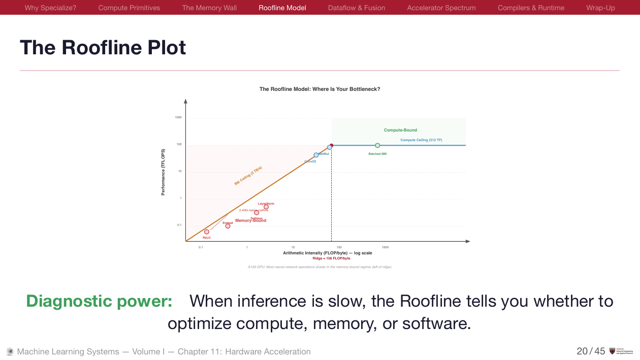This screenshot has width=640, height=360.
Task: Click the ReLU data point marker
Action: (207, 232)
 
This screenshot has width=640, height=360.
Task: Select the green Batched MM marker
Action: (377, 146)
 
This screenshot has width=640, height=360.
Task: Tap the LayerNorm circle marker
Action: (266, 207)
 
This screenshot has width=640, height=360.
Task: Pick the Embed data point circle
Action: (228, 226)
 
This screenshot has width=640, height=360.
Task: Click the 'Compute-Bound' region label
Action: (400, 130)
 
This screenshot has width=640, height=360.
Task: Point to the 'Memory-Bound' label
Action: (251, 220)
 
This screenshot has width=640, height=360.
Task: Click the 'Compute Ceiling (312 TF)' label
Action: (421, 140)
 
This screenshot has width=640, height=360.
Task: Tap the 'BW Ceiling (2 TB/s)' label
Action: (248, 176)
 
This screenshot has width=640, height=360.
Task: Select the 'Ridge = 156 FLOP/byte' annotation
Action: (331, 258)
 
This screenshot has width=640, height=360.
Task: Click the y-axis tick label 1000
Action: (178, 117)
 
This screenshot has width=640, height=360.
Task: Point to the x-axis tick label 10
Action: (293, 247)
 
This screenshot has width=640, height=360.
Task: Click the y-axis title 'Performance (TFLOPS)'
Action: (163, 172)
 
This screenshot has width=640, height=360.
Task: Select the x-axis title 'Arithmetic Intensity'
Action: (328, 253)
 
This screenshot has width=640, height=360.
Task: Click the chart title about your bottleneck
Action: (320, 89)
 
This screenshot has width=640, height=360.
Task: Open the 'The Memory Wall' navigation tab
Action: (209, 8)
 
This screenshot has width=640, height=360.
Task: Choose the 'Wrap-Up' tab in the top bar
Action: (600, 8)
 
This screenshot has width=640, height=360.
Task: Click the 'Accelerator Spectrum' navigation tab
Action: (441, 8)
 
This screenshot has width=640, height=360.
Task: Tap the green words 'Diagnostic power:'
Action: (100, 301)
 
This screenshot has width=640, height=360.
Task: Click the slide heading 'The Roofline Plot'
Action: (103, 47)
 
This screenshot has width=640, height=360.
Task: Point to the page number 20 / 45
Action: (591, 351)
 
